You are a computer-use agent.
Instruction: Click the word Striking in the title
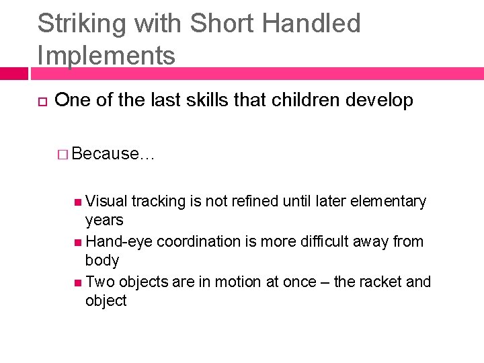[x=81, y=24]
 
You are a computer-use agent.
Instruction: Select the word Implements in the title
[x=106, y=55]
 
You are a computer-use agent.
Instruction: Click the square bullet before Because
[x=63, y=154]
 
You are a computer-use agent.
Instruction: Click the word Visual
[x=107, y=201]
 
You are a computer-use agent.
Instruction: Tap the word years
[x=104, y=220]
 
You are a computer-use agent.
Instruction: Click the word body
[x=102, y=261]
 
